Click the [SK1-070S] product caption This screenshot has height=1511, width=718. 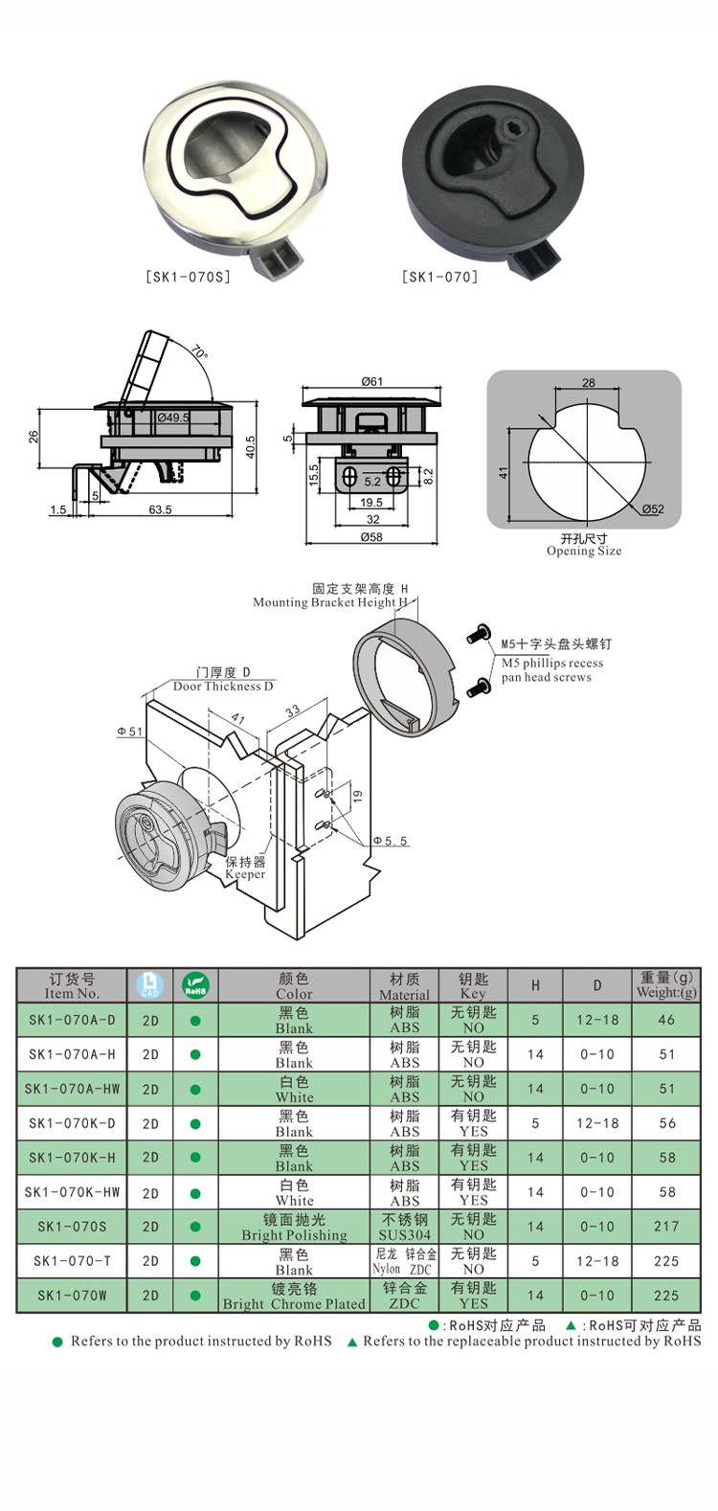click(x=188, y=278)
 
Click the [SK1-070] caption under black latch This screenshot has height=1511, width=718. click(x=439, y=278)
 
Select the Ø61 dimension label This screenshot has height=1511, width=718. click(x=372, y=381)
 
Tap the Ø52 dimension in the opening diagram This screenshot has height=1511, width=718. click(x=652, y=508)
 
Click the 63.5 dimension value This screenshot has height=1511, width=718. click(x=160, y=509)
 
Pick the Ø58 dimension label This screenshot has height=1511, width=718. click(x=371, y=537)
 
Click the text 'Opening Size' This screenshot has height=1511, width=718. click(x=584, y=552)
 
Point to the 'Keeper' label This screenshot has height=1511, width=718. click(x=245, y=874)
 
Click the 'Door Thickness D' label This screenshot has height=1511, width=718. click(x=223, y=686)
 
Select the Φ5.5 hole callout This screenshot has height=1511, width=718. click(x=390, y=841)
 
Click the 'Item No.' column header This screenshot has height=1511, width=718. click(x=72, y=994)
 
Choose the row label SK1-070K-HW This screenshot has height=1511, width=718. click(x=72, y=1192)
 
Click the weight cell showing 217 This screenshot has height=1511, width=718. click(x=666, y=1227)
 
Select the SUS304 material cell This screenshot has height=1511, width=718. click(x=404, y=1235)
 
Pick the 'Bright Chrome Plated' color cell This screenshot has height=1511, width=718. click(x=294, y=1304)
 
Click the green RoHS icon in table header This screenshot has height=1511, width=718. click(x=195, y=985)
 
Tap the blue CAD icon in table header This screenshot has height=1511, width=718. click(x=150, y=985)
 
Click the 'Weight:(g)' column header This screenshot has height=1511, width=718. click(x=666, y=993)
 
